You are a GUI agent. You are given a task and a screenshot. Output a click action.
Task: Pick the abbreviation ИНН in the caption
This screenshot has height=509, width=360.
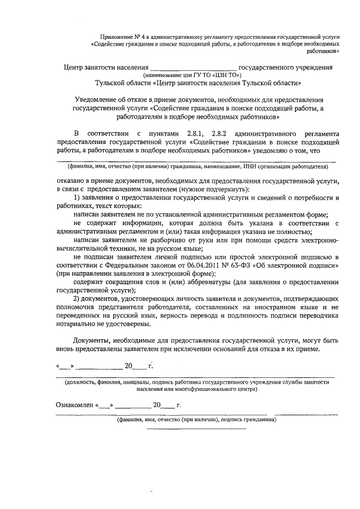tap(251, 167)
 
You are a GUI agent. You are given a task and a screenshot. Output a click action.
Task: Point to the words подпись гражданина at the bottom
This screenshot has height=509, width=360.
tap(247, 420)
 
